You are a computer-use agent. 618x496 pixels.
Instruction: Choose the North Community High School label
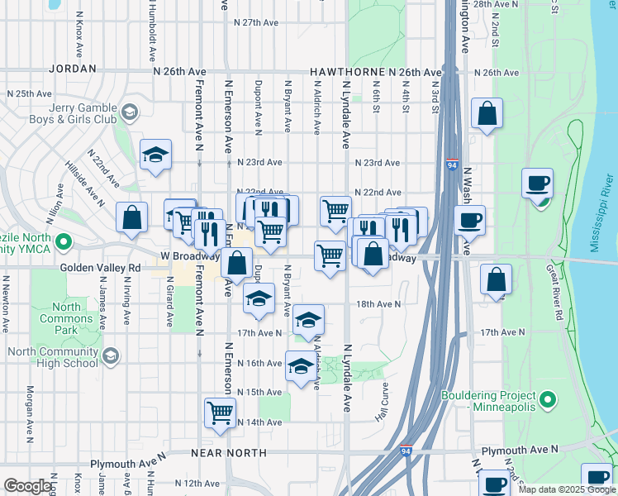coord(52,357)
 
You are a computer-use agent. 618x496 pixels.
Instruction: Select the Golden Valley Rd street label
coord(101,268)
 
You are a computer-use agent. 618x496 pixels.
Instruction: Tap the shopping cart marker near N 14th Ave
coord(220,413)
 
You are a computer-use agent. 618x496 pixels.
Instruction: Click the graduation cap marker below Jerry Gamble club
coord(155,155)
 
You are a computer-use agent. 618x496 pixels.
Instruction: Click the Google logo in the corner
coord(27,486)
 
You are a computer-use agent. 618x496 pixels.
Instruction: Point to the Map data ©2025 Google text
coord(567,489)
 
